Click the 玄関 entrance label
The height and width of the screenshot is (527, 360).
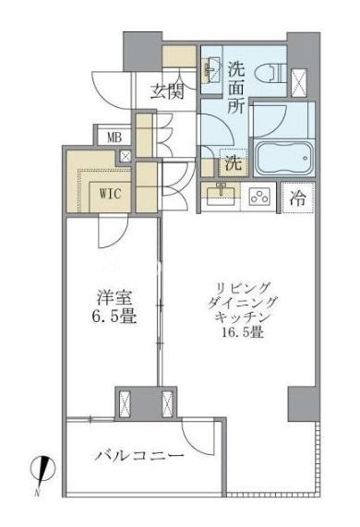167,91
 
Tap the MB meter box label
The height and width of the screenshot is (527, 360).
114,138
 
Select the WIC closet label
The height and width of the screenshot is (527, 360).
110,194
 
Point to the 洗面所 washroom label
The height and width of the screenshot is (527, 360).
236,88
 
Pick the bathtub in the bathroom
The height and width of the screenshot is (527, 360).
284,159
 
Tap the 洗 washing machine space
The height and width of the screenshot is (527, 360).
234,163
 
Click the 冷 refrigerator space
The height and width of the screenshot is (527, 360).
297,198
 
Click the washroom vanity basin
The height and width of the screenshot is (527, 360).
210,69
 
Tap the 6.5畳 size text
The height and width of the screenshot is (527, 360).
114,317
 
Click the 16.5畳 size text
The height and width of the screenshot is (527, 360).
243,333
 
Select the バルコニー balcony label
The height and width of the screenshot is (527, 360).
139,456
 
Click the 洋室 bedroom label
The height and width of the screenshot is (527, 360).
114,298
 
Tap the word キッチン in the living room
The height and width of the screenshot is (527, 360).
243,317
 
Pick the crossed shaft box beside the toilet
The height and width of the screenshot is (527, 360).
299,82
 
